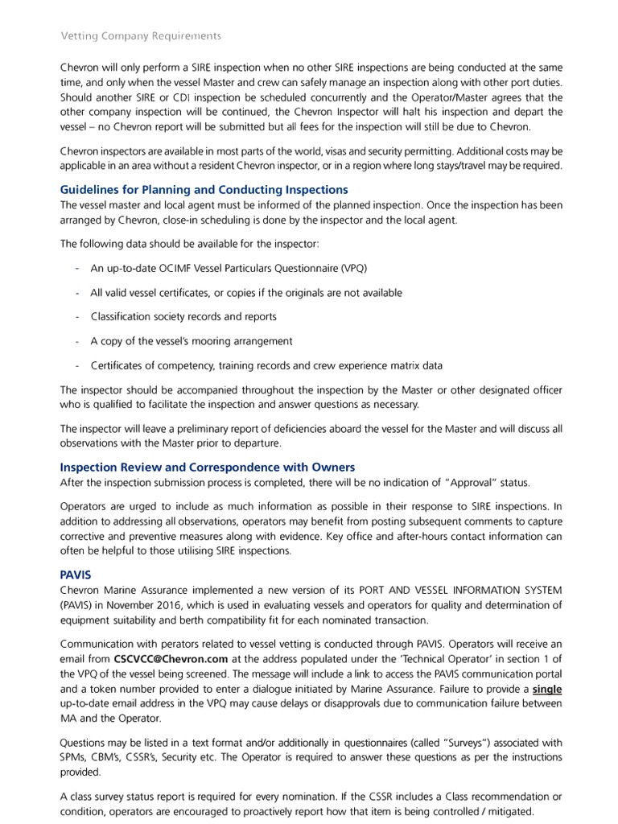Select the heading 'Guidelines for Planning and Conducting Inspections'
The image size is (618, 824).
coord(204,190)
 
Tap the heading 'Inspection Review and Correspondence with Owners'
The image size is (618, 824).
coord(208,467)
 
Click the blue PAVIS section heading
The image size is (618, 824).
coord(76,575)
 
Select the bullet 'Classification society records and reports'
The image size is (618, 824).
coord(183,316)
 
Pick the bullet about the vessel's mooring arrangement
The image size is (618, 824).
coord(192,340)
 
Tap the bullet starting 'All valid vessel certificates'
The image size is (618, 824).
coord(246,292)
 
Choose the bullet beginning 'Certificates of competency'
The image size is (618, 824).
coord(266,365)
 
